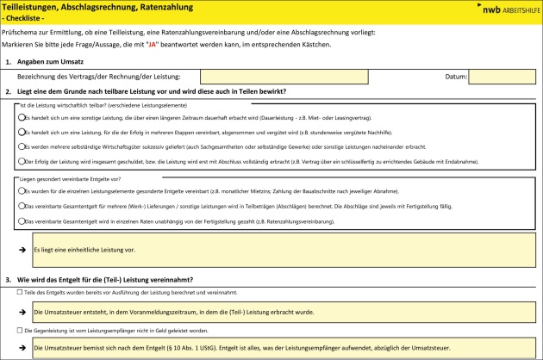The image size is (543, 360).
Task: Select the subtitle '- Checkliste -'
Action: coord(28,19)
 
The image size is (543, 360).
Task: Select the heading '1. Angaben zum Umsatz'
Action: coord(51,62)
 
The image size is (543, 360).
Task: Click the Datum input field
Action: coord(502,77)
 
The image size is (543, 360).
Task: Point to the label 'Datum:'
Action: coord(455,77)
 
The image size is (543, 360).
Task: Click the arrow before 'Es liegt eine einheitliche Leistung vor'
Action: coord(22,249)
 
